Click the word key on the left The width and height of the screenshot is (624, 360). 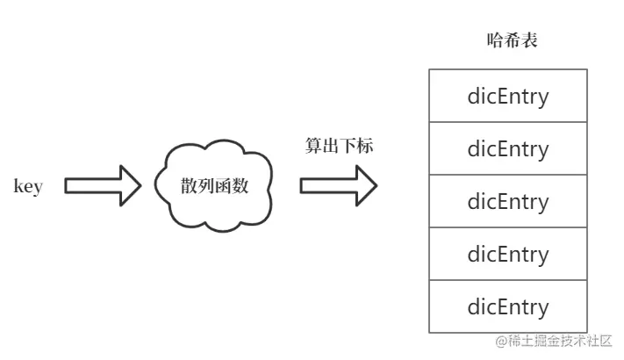pyautogui.click(x=28, y=186)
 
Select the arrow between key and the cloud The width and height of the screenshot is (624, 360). pyautogui.click(x=102, y=185)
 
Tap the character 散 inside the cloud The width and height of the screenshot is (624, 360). pyautogui.click(x=189, y=186)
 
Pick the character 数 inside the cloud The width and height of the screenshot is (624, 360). pyautogui.click(x=240, y=186)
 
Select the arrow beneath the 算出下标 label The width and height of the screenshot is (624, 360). pyautogui.click(x=338, y=185)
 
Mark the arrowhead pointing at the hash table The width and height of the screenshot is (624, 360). pyautogui.click(x=376, y=185)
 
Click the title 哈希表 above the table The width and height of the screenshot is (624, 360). pyautogui.click(x=507, y=40)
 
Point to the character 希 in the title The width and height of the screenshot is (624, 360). pyautogui.click(x=507, y=40)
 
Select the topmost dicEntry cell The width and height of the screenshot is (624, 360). pyautogui.click(x=507, y=96)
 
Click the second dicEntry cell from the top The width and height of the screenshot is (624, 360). pyautogui.click(x=507, y=148)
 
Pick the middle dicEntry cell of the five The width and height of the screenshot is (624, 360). pyautogui.click(x=507, y=201)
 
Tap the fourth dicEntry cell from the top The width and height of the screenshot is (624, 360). pyautogui.click(x=507, y=254)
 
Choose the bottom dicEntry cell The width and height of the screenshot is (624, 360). pyautogui.click(x=507, y=306)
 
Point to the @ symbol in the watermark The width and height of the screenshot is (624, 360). pyautogui.click(x=501, y=342)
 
